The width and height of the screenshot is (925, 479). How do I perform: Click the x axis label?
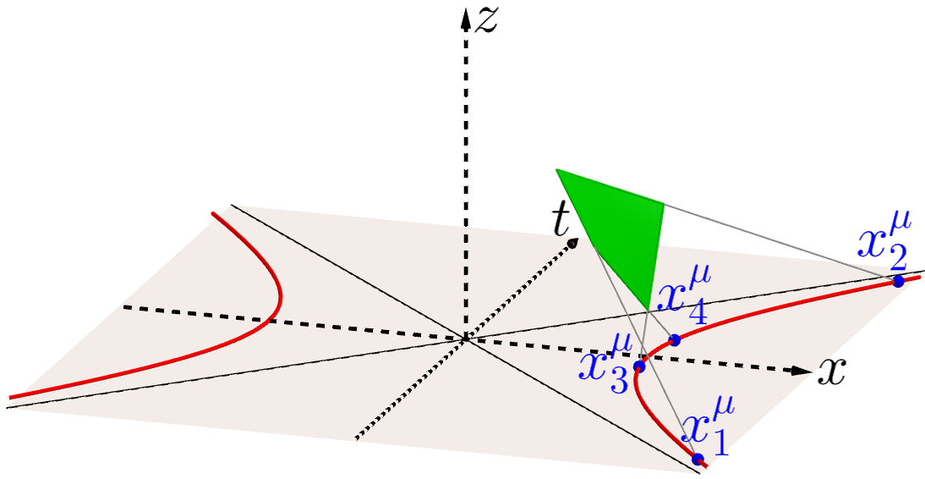tap(832, 372)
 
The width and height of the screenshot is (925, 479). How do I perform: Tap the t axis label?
tap(559, 221)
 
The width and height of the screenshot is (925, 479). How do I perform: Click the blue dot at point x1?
tap(698, 460)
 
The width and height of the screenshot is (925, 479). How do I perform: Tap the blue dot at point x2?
tap(898, 281)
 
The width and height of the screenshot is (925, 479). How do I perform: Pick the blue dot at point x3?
tap(639, 366)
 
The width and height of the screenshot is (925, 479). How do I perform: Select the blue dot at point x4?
tap(675, 340)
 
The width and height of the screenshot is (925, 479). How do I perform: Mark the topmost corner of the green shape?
tap(556, 170)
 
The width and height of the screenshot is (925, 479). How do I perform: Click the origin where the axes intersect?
tap(464, 339)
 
